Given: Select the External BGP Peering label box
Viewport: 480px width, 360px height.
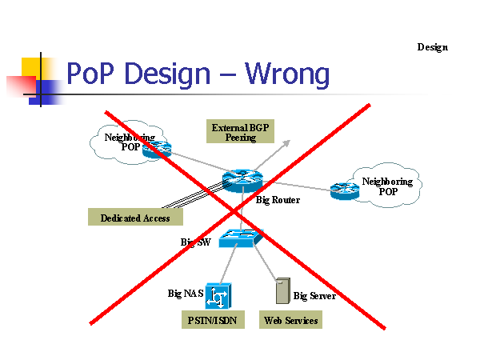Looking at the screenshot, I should pyautogui.click(x=234, y=132).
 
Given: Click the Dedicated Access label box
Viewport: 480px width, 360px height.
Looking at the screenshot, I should pyautogui.click(x=135, y=218).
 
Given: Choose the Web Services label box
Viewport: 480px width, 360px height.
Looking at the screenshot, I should pyautogui.click(x=290, y=321).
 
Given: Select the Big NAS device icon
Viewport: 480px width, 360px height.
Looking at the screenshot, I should pyautogui.click(x=217, y=296).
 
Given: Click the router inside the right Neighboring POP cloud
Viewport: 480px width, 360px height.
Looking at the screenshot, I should pyautogui.click(x=345, y=190).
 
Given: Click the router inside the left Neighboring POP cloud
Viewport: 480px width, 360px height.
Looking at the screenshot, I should pyautogui.click(x=158, y=149).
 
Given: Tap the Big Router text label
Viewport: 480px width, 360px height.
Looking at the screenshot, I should pyautogui.click(x=278, y=200).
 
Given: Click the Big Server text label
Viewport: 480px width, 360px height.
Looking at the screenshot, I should pyautogui.click(x=314, y=296).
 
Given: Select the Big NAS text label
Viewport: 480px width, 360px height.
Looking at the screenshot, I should pyautogui.click(x=185, y=294).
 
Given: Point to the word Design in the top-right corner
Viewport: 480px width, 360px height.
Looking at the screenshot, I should pyautogui.click(x=432, y=47).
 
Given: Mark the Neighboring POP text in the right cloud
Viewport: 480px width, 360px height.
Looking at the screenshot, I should pyautogui.click(x=387, y=186).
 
